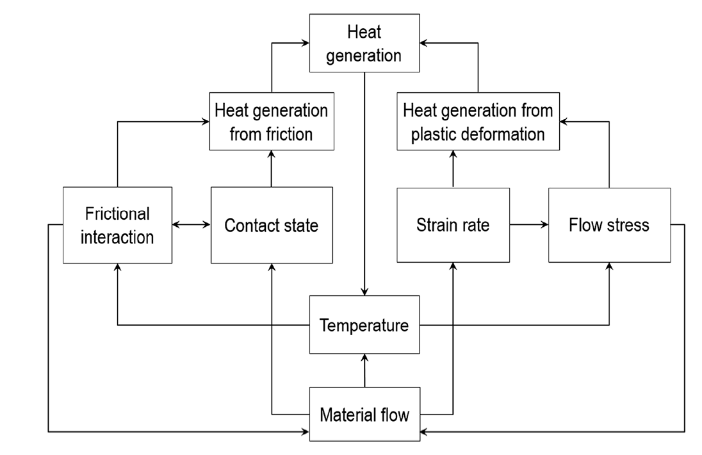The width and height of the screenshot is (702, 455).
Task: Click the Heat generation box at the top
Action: tap(364, 44)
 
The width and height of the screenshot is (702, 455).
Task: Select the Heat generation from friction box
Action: tap(272, 122)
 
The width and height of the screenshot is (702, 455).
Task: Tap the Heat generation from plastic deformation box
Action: tap(478, 122)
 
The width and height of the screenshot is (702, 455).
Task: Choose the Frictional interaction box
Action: tap(118, 225)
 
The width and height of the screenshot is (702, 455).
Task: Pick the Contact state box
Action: tap(272, 225)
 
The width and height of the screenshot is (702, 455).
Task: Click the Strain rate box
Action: tap(453, 225)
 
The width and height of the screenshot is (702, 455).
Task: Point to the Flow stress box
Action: tap(609, 225)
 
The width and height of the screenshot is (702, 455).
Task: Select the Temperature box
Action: tap(364, 325)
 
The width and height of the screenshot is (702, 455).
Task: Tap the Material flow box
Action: tap(364, 414)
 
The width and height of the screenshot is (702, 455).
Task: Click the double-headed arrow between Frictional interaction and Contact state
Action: tap(192, 225)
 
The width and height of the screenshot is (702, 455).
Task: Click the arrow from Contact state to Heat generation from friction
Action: tap(272, 169)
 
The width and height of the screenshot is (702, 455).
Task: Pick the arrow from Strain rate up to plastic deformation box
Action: tap(453, 169)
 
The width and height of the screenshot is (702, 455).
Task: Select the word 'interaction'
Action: tap(118, 237)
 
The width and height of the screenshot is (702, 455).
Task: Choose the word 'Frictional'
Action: tap(118, 213)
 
